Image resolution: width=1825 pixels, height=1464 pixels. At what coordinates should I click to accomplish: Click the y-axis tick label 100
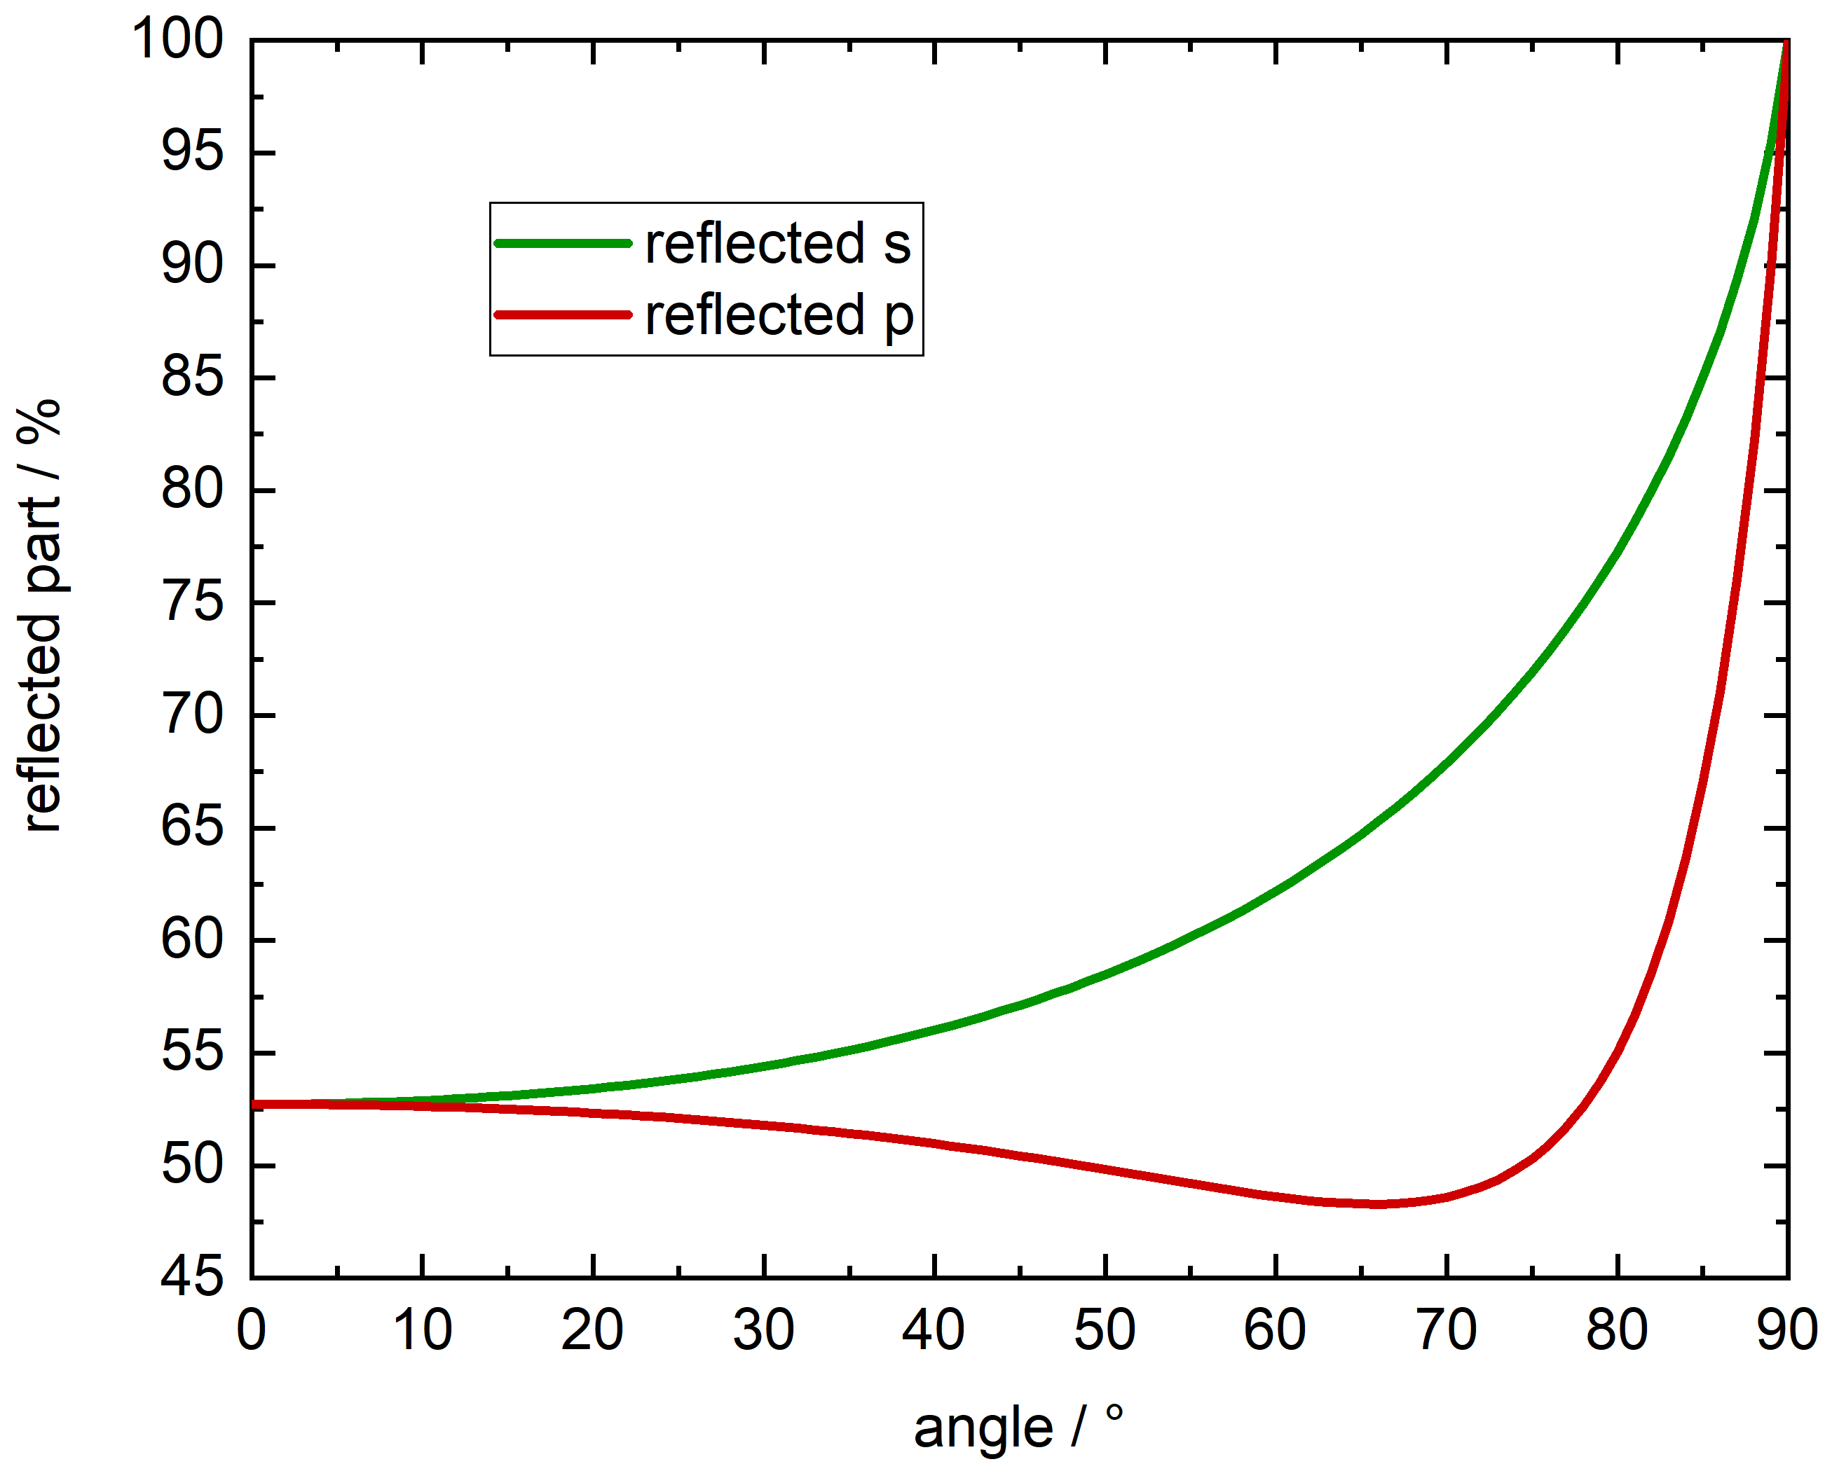[x=178, y=39]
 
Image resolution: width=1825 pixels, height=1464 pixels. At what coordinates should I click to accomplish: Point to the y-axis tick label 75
[x=192, y=603]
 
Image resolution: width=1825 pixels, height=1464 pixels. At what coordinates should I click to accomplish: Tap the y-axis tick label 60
[x=192, y=940]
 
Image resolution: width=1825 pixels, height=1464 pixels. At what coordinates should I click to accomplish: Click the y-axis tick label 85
[x=192, y=378]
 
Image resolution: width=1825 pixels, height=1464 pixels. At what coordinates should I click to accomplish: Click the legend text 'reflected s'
[x=778, y=244]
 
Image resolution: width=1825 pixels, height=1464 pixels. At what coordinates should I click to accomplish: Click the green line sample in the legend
[x=563, y=244]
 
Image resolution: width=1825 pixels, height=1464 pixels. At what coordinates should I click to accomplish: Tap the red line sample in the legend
[x=563, y=315]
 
